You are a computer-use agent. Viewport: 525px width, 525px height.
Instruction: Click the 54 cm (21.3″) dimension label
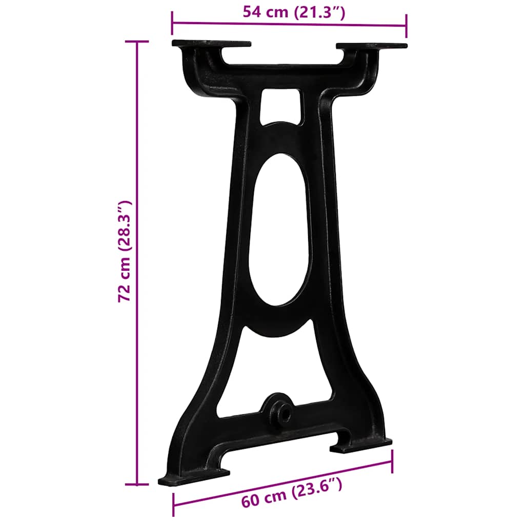click(294, 12)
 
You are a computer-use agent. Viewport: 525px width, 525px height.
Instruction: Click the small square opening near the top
click(280, 105)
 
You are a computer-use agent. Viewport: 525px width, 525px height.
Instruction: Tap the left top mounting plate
click(211, 44)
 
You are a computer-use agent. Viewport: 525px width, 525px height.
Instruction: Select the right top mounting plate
click(371, 46)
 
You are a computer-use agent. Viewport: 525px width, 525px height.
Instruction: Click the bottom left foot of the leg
click(194, 477)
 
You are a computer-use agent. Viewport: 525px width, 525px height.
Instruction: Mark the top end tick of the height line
click(137, 42)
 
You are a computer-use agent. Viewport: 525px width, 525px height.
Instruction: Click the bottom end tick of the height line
click(137, 483)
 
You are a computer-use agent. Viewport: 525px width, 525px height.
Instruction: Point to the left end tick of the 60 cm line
click(173, 504)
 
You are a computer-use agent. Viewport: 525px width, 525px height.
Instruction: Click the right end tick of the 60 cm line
click(392, 462)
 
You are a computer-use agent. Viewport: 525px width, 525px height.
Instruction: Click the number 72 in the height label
click(125, 292)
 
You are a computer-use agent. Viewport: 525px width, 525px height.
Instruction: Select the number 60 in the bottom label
click(251, 499)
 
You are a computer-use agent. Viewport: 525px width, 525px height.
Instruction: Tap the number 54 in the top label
click(253, 12)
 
